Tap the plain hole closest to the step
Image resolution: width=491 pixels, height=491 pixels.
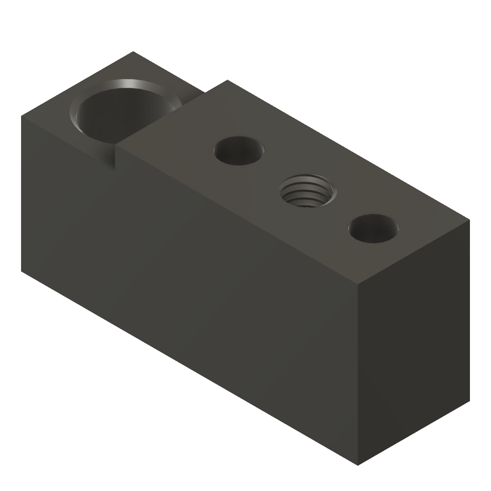(x=239, y=150)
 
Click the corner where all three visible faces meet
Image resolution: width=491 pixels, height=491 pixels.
(x=359, y=283)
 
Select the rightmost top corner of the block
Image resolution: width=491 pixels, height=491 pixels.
(x=469, y=221)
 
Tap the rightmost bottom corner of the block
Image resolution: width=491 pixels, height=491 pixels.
(x=469, y=402)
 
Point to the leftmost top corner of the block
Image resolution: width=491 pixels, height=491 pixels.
(x=22, y=116)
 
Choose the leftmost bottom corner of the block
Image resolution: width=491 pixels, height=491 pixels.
(x=22, y=272)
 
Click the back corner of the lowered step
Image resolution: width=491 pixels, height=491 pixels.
(x=133, y=52)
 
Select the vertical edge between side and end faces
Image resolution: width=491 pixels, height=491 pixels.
(x=359, y=374)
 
